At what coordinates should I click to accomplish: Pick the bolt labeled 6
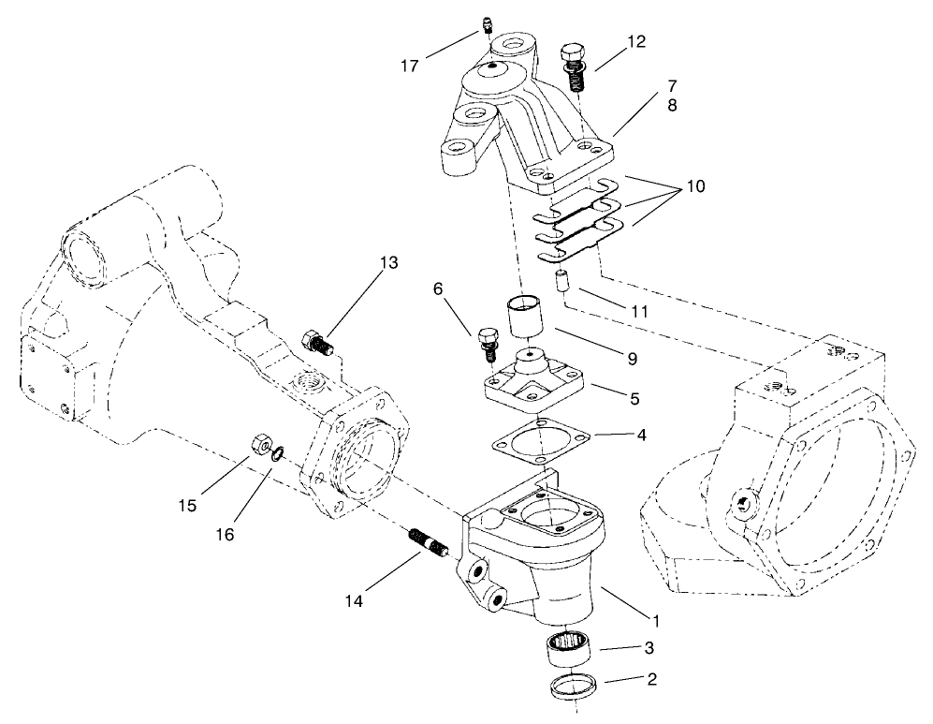coord(486,343)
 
